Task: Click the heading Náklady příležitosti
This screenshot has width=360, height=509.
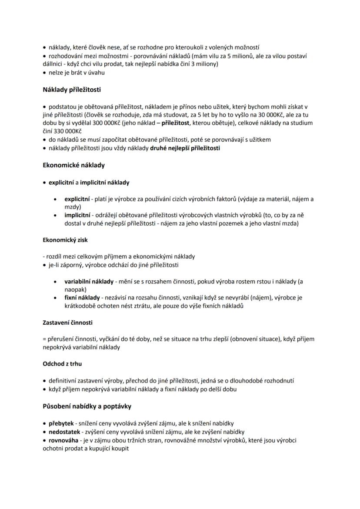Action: point(72,90)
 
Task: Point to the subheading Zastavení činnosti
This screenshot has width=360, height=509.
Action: point(67,323)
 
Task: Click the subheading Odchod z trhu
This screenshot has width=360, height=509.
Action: point(62,363)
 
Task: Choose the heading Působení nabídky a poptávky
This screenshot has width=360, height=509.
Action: point(87,406)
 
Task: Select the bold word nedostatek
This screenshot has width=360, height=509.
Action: point(64,432)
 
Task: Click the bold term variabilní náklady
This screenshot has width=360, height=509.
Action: point(89,282)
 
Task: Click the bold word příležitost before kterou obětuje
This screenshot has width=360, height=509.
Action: point(176,123)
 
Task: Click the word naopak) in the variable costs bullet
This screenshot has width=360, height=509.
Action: point(76,289)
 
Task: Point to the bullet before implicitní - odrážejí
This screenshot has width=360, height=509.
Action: point(55,216)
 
